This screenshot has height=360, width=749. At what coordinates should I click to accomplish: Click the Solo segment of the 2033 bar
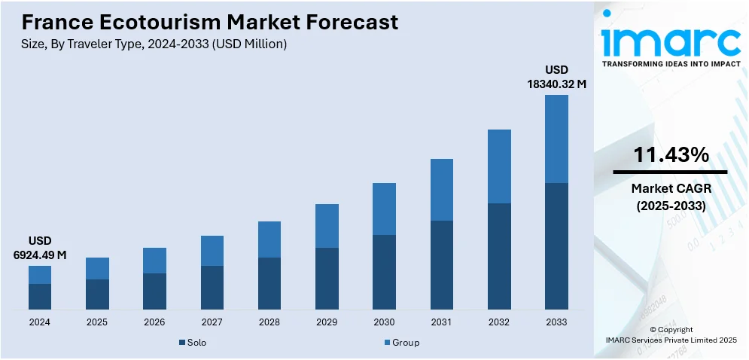[556, 246]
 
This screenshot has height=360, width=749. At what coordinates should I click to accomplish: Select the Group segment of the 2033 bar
[556, 139]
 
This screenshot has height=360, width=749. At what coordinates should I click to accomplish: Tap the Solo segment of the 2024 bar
[40, 296]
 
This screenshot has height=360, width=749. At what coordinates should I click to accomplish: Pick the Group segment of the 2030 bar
[384, 209]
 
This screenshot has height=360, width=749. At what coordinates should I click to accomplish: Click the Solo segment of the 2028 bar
[269, 283]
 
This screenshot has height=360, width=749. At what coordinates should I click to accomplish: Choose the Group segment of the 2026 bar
[154, 261]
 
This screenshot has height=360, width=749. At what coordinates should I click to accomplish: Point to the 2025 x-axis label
[97, 322]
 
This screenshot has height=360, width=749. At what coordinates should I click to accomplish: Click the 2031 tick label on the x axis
[441, 322]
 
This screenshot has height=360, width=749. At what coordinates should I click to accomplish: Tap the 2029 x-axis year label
[327, 322]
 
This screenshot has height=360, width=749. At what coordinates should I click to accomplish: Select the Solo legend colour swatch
[182, 343]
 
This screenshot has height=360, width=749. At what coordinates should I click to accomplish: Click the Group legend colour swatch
[387, 343]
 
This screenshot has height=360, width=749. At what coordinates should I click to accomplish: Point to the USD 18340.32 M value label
[556, 78]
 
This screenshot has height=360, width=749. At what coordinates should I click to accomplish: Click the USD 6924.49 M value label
[40, 248]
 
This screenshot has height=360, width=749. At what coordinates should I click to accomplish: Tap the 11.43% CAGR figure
[671, 155]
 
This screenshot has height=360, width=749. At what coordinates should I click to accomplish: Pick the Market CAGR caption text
[671, 188]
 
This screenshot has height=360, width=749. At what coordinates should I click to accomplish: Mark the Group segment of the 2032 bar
[499, 166]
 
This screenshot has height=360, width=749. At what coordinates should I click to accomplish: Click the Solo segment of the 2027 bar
[212, 287]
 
